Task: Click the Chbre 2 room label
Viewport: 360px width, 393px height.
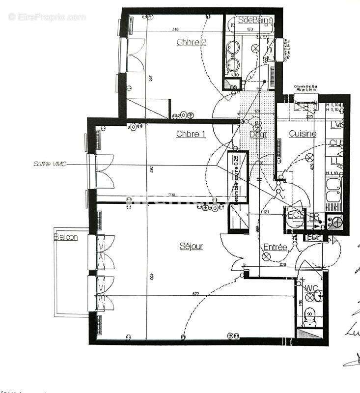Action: click(191, 42)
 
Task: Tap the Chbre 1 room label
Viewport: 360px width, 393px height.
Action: click(191, 134)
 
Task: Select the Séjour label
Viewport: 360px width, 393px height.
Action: click(191, 246)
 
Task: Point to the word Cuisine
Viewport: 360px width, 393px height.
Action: click(303, 133)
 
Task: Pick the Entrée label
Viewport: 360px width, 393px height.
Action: click(275, 247)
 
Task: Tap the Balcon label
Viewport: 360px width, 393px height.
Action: click(66, 237)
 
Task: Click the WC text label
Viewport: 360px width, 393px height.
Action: click(311, 287)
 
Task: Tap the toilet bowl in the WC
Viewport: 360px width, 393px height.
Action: click(309, 322)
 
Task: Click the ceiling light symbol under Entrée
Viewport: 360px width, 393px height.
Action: click(267, 256)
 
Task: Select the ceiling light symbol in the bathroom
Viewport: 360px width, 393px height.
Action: click(255, 48)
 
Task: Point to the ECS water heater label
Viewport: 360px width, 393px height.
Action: click(295, 215)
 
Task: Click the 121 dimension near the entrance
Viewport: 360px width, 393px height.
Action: click(266, 212)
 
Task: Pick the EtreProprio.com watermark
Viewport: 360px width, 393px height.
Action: click(47, 17)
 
